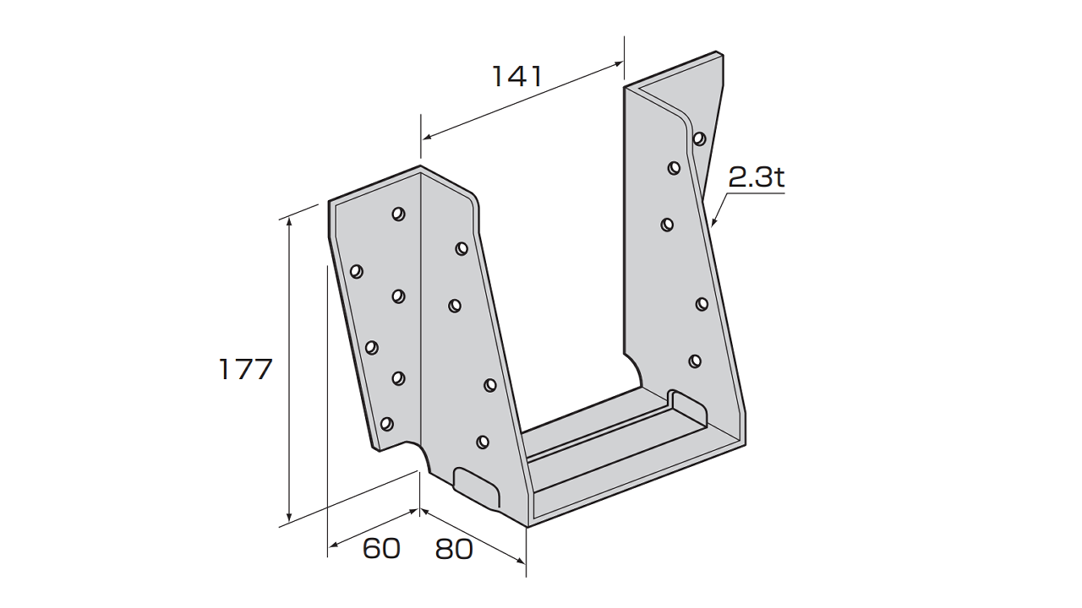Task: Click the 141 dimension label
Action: coord(516,77)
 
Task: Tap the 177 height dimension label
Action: coord(246,370)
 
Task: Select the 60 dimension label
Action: coord(381,549)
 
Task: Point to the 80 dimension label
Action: coord(454,549)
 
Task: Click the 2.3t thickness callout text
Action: coord(756,178)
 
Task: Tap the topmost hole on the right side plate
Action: coord(699,139)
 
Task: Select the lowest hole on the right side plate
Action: coord(695,361)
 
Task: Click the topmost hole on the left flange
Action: coord(398,214)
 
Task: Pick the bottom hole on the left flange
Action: coord(386,424)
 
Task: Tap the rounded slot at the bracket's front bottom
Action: coord(477,487)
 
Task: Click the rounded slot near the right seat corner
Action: coord(687,409)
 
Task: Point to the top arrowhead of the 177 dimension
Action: coord(289,221)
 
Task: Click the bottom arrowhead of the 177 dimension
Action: coord(289,517)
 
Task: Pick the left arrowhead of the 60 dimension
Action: coord(333,546)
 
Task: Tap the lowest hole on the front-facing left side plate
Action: coord(482,442)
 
